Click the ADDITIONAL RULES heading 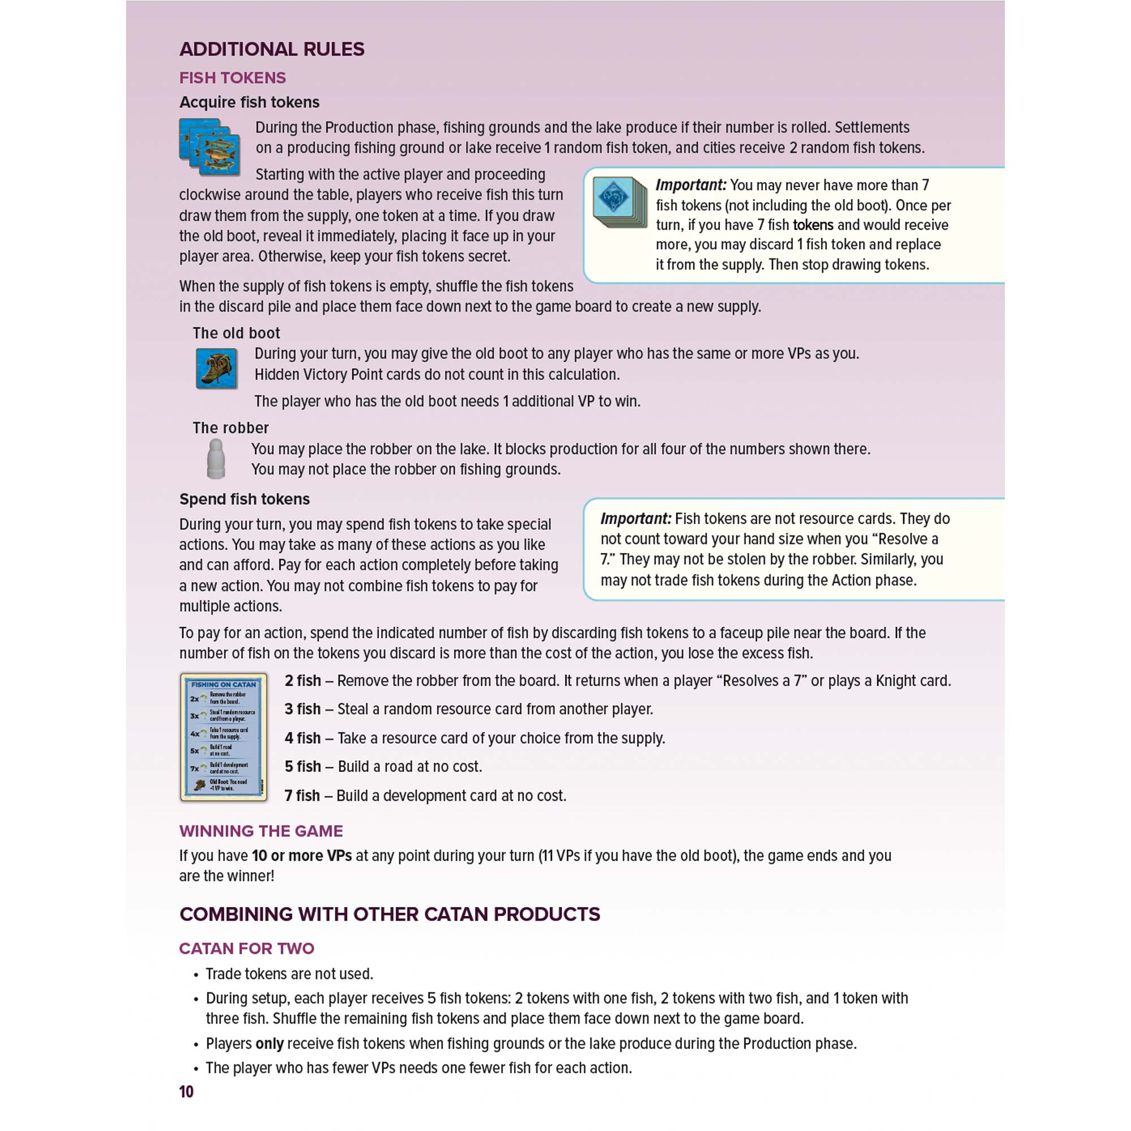tap(271, 49)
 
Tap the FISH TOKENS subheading tap(232, 78)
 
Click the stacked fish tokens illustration tap(210, 147)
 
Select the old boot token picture tap(216, 368)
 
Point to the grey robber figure tap(216, 459)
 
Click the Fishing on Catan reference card tap(223, 736)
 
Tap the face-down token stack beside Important tap(619, 201)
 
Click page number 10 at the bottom tap(186, 1092)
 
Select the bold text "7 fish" tap(302, 796)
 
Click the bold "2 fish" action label tap(303, 681)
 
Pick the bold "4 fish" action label tap(303, 738)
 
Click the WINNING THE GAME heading tap(261, 831)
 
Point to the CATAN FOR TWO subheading tap(247, 948)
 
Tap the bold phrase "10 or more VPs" tap(301, 856)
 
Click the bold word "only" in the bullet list tap(269, 1044)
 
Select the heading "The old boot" tap(236, 333)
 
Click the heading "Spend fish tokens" tap(244, 499)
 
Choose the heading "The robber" tap(231, 428)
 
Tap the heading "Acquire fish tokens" tap(249, 102)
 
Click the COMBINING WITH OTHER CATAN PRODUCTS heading tap(390, 914)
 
